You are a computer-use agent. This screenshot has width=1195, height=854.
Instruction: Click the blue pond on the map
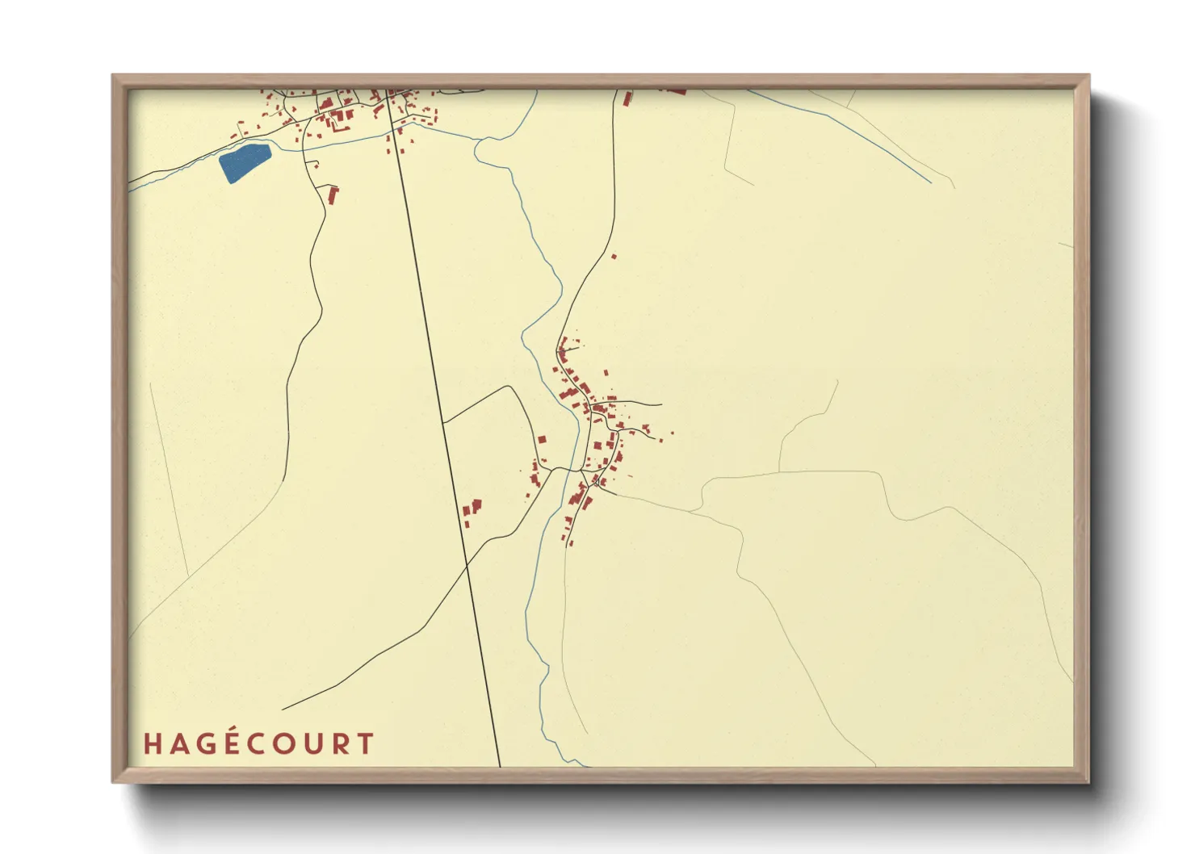tap(243, 161)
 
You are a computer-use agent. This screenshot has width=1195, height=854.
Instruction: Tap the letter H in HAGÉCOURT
tap(151, 743)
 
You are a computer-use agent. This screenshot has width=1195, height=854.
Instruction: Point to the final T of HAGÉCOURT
tap(366, 743)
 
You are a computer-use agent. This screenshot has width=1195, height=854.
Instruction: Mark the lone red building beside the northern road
tap(614, 257)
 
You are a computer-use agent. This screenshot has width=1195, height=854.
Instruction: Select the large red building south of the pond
tap(332, 194)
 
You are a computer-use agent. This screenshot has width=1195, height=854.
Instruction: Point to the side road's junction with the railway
tap(443, 421)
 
